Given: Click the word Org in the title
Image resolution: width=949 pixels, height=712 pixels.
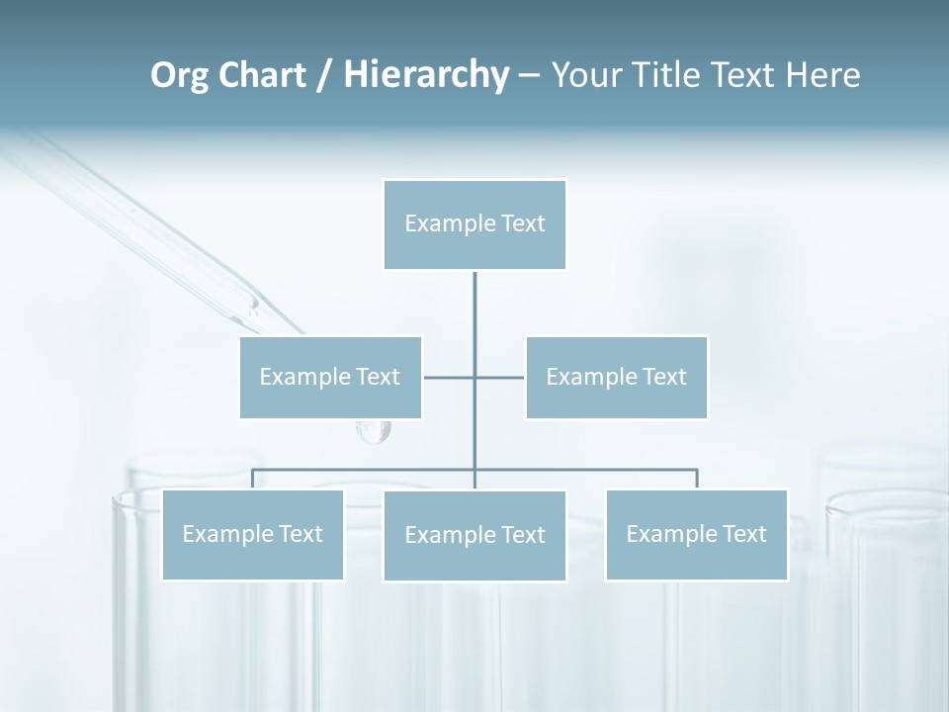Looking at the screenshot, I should click(x=179, y=75).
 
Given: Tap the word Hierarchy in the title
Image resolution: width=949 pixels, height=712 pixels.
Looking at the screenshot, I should click(x=425, y=75).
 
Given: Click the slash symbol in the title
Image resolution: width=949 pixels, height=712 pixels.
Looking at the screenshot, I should click(x=323, y=76).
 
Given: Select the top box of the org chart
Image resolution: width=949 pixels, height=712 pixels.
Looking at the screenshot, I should click(x=474, y=224).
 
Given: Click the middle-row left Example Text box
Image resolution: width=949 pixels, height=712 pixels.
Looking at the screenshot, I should click(x=330, y=377).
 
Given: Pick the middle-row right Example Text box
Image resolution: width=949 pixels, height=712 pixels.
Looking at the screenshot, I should click(x=616, y=377).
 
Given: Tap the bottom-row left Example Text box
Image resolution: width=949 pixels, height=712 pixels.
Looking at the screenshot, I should click(x=252, y=534).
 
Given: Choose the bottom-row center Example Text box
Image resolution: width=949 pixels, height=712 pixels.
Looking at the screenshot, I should click(x=474, y=535).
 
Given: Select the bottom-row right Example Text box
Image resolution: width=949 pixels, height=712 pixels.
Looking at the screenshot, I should click(x=696, y=534).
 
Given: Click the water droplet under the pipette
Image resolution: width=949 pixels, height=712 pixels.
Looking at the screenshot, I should click(x=374, y=430).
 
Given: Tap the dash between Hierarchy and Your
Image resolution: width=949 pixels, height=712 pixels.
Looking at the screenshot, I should click(x=529, y=76).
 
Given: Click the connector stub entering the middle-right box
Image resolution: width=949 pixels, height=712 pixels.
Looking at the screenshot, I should click(x=509, y=377).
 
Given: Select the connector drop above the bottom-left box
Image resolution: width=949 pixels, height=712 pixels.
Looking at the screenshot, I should click(x=252, y=479).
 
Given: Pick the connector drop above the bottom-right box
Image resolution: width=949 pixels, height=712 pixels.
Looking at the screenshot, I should click(x=697, y=479).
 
